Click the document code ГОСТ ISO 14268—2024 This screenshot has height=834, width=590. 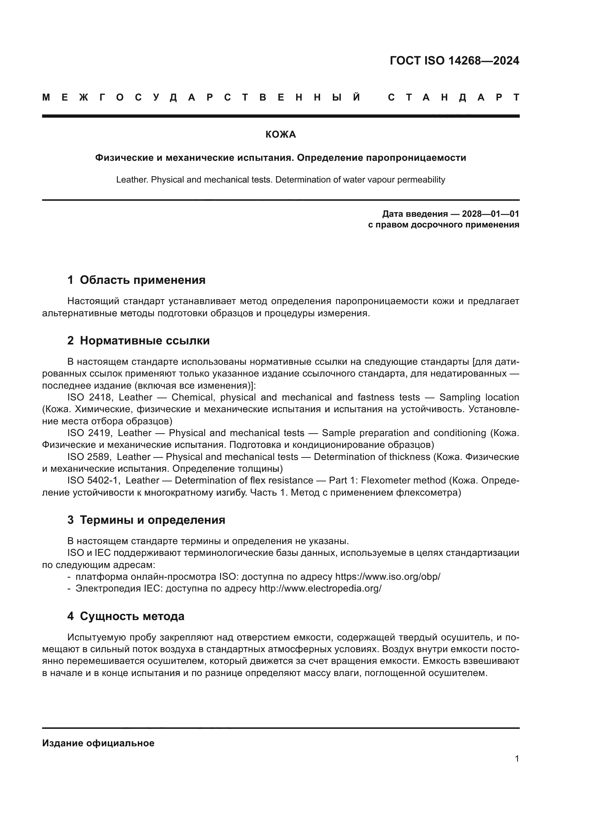pyautogui.click(x=454, y=61)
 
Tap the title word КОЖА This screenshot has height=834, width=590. pyautogui.click(x=280, y=135)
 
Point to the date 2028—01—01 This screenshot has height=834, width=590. pyautogui.click(x=490, y=214)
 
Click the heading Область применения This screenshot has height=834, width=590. pyautogui.click(x=142, y=280)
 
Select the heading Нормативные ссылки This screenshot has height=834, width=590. pyautogui.click(x=144, y=341)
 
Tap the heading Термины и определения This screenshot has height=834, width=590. pyautogui.click(x=152, y=520)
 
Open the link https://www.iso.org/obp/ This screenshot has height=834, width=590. pyautogui.click(x=387, y=577)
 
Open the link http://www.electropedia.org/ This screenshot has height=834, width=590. pyautogui.click(x=320, y=588)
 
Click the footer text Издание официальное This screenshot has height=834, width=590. pyautogui.click(x=98, y=743)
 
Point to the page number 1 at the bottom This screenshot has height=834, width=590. pyautogui.click(x=517, y=759)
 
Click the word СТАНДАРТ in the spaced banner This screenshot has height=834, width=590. pyautogui.click(x=453, y=98)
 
